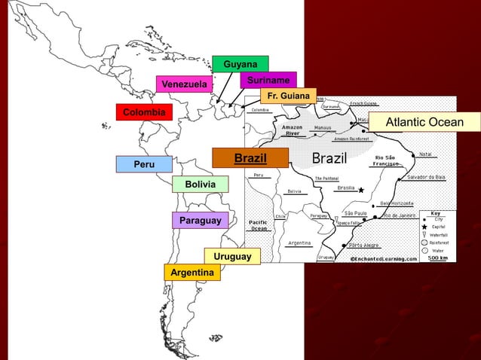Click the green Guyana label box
[240, 64]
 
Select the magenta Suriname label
[268, 80]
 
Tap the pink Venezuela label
[184, 84]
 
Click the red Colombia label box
[144, 112]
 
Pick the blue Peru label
[144, 164]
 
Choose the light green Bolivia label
[200, 185]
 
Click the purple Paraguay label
[200, 221]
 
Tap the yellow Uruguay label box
[232, 257]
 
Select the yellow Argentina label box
[192, 272]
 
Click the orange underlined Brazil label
[250, 158]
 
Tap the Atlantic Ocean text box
[424, 123]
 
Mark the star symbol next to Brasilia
[361, 190]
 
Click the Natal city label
[425, 154]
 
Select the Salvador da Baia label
[427, 177]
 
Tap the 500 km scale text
[438, 258]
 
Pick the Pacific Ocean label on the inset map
[259, 225]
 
